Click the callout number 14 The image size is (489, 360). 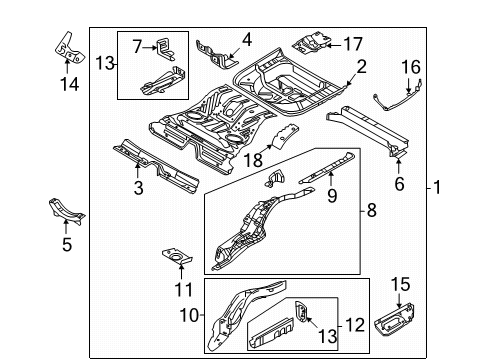click(x=70, y=84)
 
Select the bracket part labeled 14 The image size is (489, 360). click(x=69, y=48)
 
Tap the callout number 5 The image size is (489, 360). click(x=67, y=244)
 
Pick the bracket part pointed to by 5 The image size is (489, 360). click(x=66, y=211)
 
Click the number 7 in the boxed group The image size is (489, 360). click(x=137, y=47)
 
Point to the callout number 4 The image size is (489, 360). click(x=247, y=40)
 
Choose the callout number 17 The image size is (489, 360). click(x=353, y=44)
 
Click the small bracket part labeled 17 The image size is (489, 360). click(x=311, y=43)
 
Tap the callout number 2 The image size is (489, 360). click(x=362, y=67)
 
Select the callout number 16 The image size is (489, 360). click(x=411, y=67)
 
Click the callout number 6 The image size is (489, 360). click(x=399, y=184)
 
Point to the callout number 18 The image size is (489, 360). click(x=253, y=160)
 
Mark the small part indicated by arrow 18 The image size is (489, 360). click(x=285, y=135)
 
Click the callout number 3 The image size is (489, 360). click(x=138, y=188)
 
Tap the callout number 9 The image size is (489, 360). click(x=332, y=196)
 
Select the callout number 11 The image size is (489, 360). click(x=184, y=290)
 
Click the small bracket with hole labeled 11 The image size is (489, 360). click(x=177, y=256)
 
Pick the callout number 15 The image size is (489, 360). click(x=400, y=284)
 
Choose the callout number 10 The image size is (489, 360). click(x=189, y=315)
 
